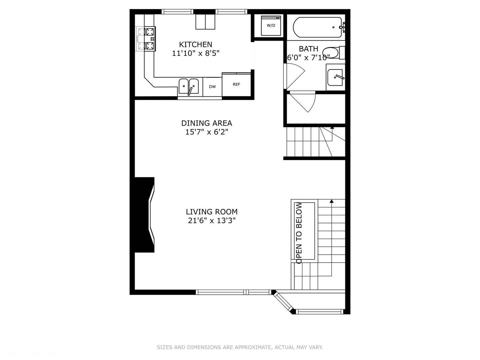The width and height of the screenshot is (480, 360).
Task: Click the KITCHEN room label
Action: coord(195,44)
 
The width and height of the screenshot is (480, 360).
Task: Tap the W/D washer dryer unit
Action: coord(271,26)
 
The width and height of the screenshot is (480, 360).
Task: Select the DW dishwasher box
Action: coord(212,87)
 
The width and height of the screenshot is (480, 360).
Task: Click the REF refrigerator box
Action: coord(236,85)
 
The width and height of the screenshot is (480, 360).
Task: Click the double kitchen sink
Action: coord(189,87)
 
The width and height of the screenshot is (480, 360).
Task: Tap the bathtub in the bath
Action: coord(317,27)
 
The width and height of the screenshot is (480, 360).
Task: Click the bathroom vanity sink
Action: coord(335,77)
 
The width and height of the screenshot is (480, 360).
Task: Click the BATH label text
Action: coord(308,49)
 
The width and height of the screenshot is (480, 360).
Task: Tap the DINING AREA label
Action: coord(207,123)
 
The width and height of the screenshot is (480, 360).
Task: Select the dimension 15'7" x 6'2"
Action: coord(207,132)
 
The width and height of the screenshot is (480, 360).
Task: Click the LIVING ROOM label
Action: coord(212,212)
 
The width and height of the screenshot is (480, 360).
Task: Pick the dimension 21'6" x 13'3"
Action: coord(212,220)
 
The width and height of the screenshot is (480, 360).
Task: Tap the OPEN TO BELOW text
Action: coord(299,233)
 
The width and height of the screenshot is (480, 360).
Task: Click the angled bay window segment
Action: coord(283,302)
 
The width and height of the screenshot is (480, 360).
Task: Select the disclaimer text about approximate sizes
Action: coord(240,347)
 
